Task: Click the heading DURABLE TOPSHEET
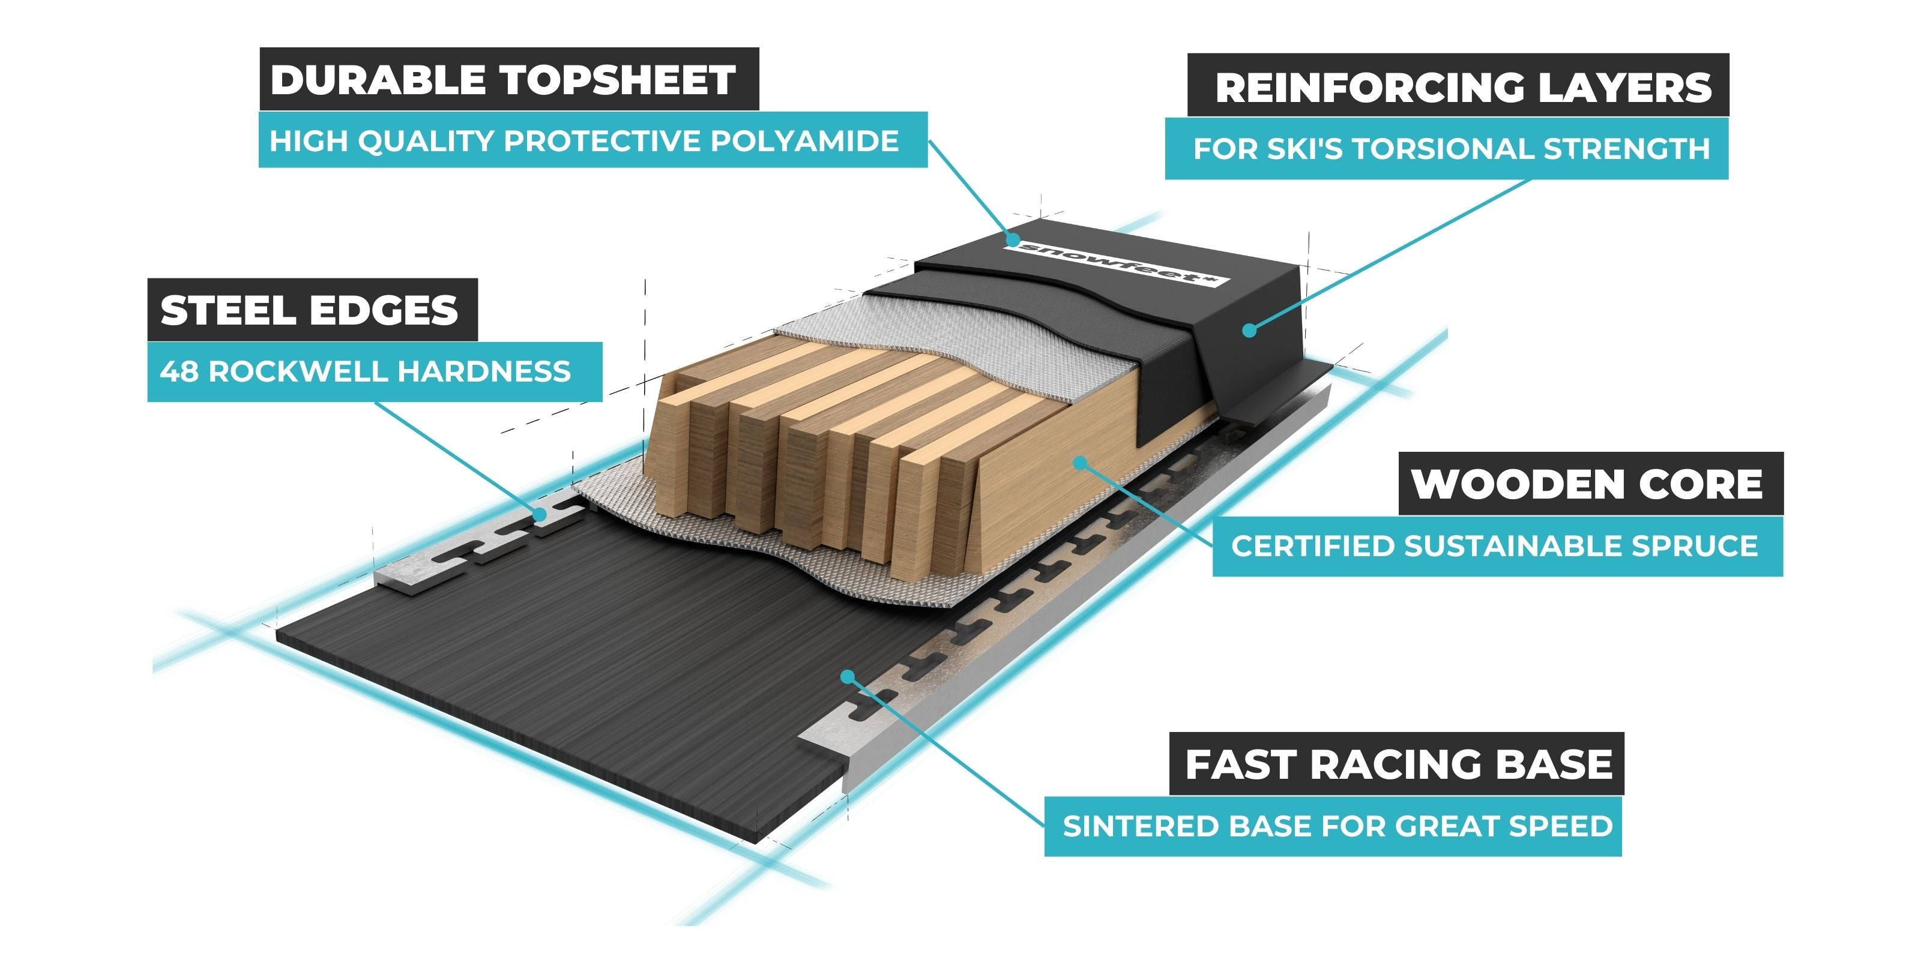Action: coord(504,80)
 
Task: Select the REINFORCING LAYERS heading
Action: coord(1463,87)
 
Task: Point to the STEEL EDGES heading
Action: coord(310,310)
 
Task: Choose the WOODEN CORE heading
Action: coord(1587,484)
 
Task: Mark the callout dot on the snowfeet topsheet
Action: coord(1012,240)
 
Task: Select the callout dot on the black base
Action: coord(847,677)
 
